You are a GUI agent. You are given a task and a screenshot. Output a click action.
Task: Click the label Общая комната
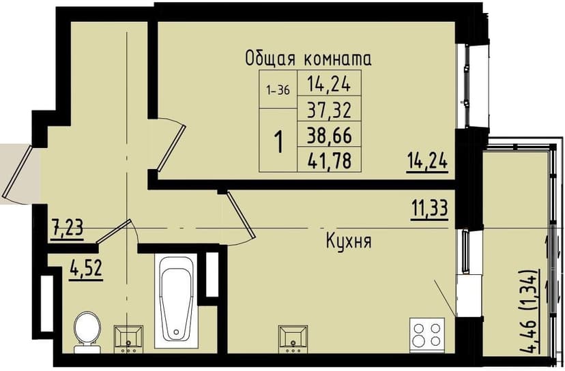308,59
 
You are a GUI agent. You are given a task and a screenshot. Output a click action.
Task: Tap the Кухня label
348,241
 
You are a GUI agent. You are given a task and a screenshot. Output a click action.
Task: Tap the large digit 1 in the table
278,143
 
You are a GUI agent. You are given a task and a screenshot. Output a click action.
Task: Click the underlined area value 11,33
429,206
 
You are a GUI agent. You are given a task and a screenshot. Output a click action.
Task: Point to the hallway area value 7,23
67,226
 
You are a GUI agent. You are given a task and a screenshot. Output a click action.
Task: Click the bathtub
177,301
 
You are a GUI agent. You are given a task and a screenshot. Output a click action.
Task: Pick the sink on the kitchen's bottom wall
293,338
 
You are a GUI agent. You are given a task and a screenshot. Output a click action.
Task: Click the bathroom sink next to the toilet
128,338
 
